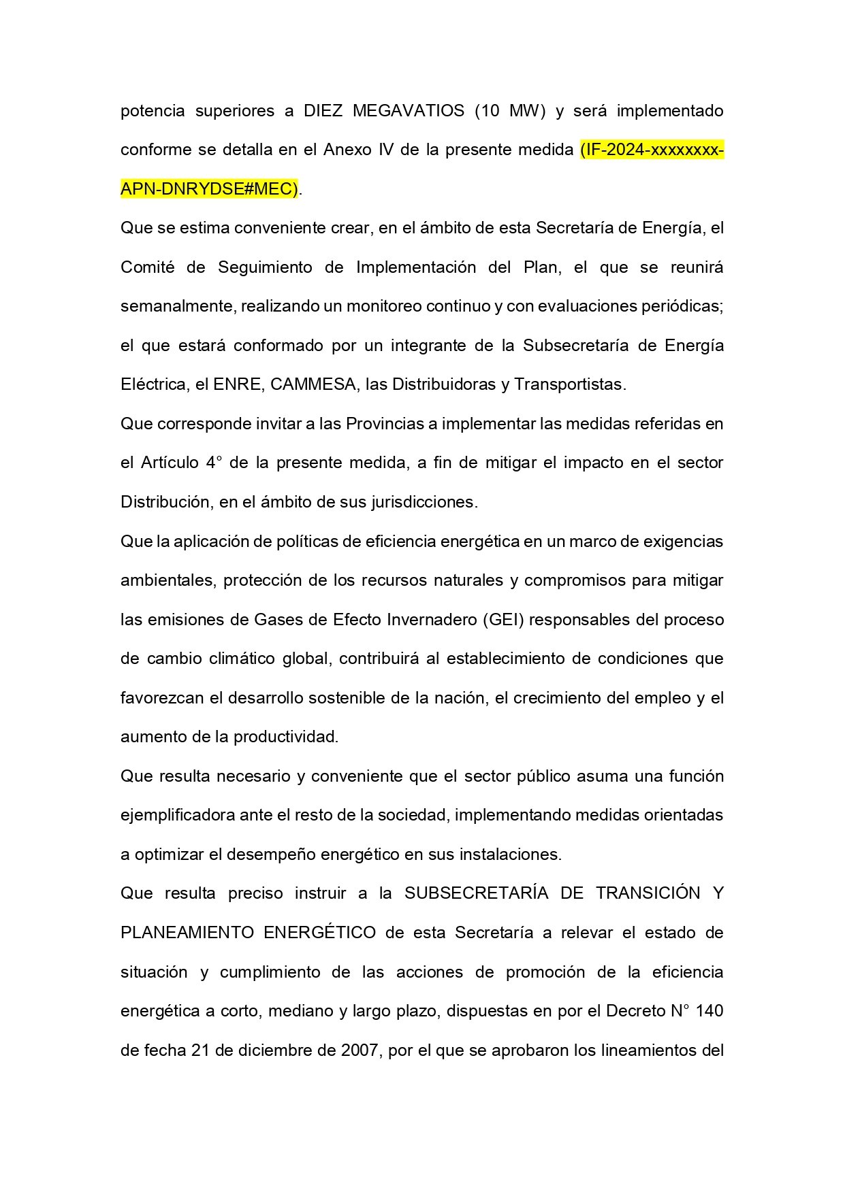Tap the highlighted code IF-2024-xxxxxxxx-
click(652, 150)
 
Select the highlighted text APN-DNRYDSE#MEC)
click(209, 189)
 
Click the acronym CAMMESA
click(313, 384)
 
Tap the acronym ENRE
click(237, 384)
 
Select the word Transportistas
click(569, 384)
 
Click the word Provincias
click(385, 424)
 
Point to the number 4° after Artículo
click(214, 463)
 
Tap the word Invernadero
click(432, 620)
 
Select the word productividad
click(285, 737)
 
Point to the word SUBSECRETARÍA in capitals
click(476, 893)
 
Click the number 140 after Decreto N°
click(710, 1011)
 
